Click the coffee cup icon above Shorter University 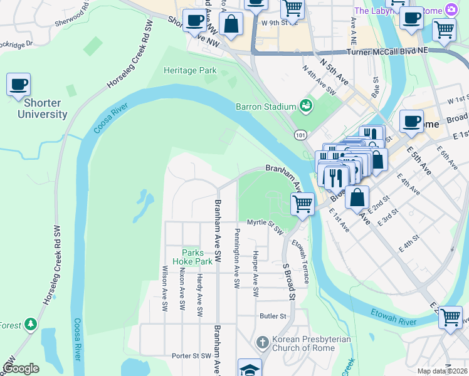(18, 84)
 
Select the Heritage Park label (190, 71)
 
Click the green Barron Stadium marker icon (306, 105)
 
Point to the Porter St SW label (191, 356)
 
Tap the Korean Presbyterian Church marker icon (262, 342)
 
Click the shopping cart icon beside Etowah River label (450, 317)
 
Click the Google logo (21, 368)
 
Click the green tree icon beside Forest (30, 324)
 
